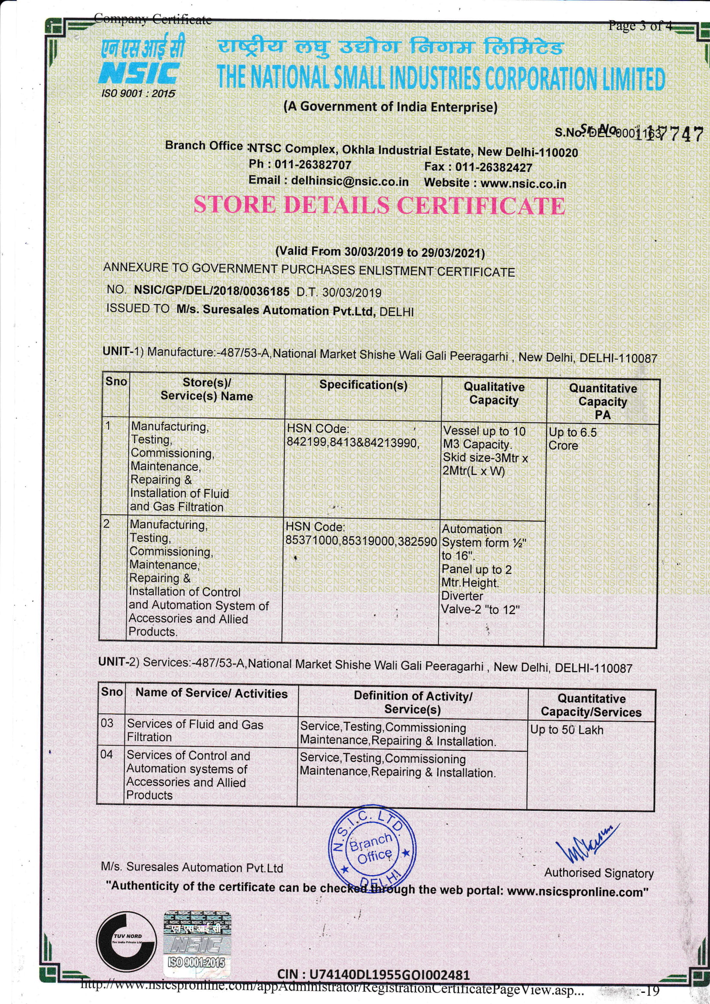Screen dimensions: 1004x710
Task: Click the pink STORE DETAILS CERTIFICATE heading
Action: click(379, 205)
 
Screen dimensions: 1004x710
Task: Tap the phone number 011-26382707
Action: click(313, 165)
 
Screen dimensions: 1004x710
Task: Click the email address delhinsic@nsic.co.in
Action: click(350, 181)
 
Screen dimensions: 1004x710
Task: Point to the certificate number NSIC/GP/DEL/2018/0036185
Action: click(212, 291)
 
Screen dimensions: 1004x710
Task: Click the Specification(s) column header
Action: click(363, 385)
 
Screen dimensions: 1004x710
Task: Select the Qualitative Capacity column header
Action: click(494, 393)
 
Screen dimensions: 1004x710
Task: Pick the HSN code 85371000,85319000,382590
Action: click(361, 541)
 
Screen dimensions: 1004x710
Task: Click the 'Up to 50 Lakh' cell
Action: click(567, 730)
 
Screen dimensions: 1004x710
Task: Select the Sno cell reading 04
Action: click(107, 755)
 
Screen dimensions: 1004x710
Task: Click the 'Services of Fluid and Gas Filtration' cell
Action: click(195, 731)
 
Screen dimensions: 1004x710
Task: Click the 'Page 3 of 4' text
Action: click(640, 26)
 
